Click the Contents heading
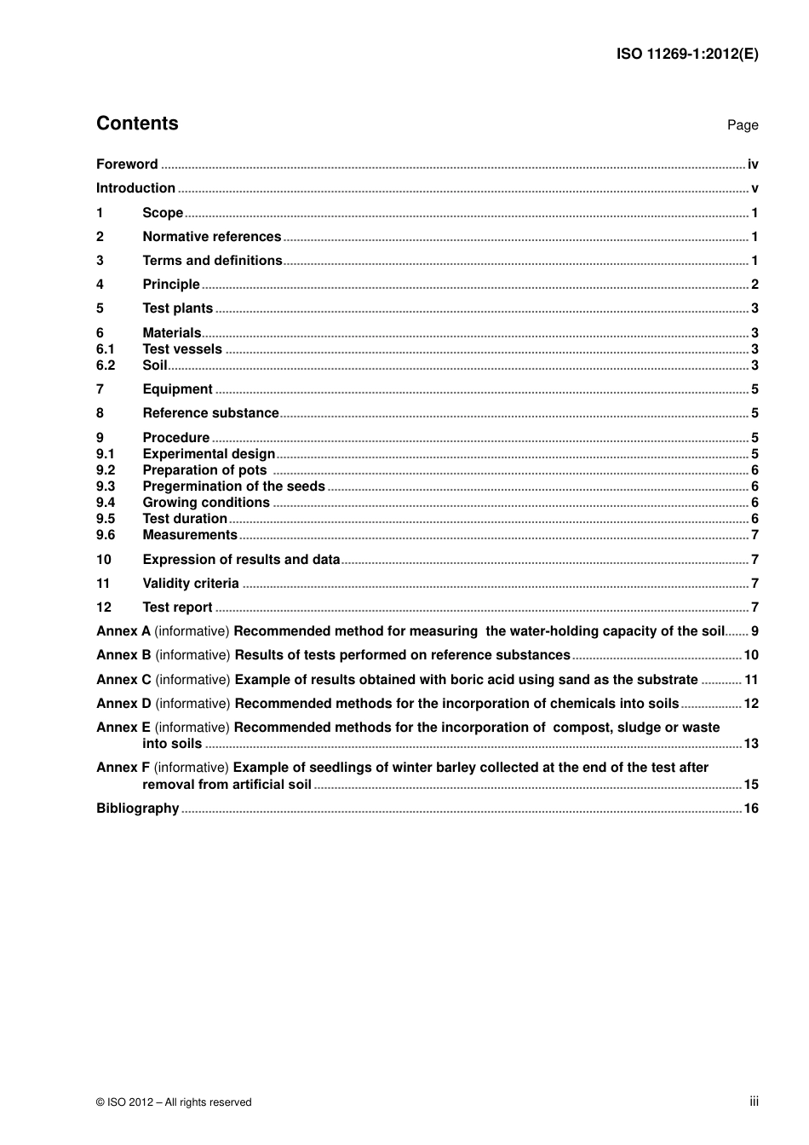pos(137,124)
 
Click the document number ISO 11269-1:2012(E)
pos(686,54)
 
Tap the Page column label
pos(742,125)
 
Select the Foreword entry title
pos(127,164)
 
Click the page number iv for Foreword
pos(753,164)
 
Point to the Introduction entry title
pos(135,188)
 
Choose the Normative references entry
pos(211,237)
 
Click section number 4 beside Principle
pos(100,285)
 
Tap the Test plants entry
pos(177,308)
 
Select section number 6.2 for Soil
pos(105,365)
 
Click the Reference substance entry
pos(210,413)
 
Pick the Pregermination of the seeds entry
pos(233,486)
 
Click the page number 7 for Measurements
pos(754,535)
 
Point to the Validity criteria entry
pos(191,584)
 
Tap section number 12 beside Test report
pos(103,607)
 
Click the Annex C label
pos(123,680)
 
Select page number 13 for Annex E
pos(751,744)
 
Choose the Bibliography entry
pos(137,808)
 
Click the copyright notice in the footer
pos(174,1102)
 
